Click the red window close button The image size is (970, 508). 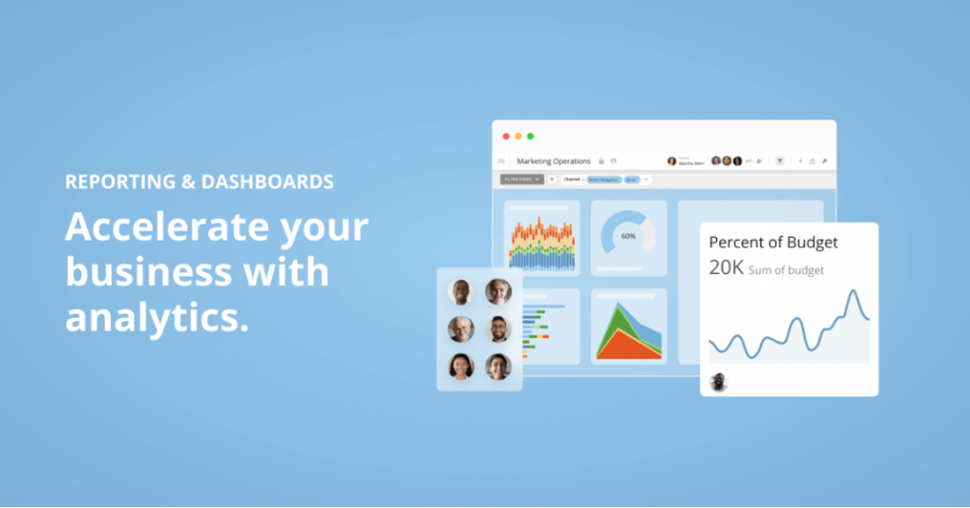point(506,136)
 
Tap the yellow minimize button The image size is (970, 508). point(518,136)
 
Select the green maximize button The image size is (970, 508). point(530,136)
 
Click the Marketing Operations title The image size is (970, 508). point(553,161)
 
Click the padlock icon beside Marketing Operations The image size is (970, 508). point(602,161)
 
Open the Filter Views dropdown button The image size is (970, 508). point(522,178)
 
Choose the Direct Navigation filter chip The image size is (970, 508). point(602,179)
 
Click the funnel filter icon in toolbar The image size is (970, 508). point(780,161)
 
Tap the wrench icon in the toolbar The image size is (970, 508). point(825,161)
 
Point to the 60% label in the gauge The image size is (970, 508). point(628,235)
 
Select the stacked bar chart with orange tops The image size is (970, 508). point(541,242)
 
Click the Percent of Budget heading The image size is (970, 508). point(773,242)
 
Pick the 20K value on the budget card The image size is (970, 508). point(727,268)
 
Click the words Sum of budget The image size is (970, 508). point(786,270)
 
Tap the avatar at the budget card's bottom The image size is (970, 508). point(719,381)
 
